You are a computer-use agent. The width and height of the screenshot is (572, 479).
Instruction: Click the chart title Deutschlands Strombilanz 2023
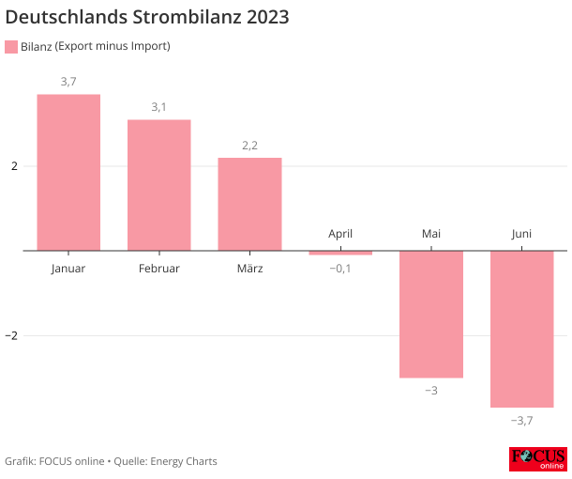coord(147,17)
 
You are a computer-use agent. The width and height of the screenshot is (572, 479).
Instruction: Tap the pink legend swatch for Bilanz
coord(11,46)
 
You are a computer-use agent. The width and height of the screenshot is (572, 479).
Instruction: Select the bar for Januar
coord(68,173)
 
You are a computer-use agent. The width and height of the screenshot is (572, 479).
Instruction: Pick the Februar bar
coord(159,185)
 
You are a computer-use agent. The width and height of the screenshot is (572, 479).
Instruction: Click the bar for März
coord(249,204)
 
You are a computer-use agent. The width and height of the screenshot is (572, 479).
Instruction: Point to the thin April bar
coord(340,253)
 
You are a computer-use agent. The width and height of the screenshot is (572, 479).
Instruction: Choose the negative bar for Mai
coord(431,314)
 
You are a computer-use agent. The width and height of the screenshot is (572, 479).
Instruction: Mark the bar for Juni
coord(521,329)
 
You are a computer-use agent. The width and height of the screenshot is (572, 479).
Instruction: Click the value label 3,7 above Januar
coord(68,83)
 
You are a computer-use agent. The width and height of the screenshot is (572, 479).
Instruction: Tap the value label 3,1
coord(159,107)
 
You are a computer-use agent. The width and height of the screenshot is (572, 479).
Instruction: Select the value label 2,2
coord(249,146)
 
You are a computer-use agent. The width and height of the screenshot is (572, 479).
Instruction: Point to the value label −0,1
coord(340,269)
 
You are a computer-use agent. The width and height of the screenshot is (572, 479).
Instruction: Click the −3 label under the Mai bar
coord(431,390)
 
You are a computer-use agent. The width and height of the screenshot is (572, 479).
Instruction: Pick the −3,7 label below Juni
coord(521,420)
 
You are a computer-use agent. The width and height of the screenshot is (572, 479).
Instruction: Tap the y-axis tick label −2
coord(12,335)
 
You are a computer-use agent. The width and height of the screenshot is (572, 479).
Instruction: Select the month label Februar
coord(159,269)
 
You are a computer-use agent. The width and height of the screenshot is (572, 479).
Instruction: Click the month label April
coord(340,234)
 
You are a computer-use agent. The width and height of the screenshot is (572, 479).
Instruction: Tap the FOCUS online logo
coord(537,459)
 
